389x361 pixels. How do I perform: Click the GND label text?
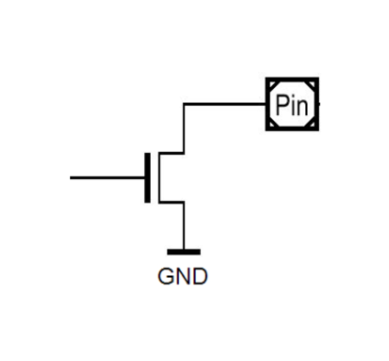coord(183,276)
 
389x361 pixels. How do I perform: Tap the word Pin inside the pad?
coord(292,105)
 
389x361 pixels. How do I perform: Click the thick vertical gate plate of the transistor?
coord(148,178)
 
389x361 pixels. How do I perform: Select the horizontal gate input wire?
coord(107,178)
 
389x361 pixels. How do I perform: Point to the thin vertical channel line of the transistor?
coord(159,178)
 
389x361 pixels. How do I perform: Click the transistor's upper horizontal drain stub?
coord(171,153)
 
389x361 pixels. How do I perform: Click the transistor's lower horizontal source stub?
coord(171,202)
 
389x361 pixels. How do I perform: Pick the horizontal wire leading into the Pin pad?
coord(225,104)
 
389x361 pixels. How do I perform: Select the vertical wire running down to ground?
coord(184,226)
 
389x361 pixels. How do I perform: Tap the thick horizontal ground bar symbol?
coord(184,252)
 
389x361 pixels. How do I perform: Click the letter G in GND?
coord(166,276)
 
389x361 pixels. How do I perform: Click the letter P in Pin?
coord(281,105)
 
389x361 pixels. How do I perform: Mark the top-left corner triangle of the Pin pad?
coord(272,84)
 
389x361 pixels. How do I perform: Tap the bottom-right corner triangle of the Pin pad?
coord(312,124)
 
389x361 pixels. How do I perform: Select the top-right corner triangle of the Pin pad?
coord(312,84)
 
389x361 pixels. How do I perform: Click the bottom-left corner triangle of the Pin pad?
coord(272,124)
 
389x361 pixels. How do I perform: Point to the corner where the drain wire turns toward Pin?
coord(184,104)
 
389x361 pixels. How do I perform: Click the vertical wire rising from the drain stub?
coord(184,129)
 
